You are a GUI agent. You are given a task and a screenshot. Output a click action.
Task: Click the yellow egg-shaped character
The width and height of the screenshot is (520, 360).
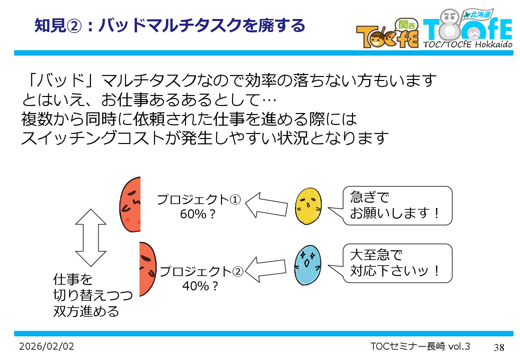click(308, 206)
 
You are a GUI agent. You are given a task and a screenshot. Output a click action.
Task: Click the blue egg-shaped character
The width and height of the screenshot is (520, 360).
click(308, 265)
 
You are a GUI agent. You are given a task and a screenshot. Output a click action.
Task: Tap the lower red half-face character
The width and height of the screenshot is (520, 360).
click(147, 269)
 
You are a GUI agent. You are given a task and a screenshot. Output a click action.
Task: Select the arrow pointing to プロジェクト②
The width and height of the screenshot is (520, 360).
click(265, 269)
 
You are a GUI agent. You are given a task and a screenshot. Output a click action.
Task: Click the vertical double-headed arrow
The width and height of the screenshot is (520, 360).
click(91, 237)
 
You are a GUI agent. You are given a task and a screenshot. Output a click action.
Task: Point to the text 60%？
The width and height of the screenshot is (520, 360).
click(198, 214)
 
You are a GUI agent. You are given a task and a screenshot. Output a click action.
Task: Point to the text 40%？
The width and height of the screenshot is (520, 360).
click(200, 286)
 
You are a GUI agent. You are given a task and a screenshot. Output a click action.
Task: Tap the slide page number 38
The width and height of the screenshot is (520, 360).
click(499, 347)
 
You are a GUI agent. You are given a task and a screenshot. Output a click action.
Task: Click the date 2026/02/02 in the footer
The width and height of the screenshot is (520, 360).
click(47, 346)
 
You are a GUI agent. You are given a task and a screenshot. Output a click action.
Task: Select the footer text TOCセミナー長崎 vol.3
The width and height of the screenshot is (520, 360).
click(420, 346)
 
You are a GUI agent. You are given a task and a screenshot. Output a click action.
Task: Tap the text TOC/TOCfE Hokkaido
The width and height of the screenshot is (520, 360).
click(468, 44)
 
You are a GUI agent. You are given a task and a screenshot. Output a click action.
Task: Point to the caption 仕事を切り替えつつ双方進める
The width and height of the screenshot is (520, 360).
click(93, 295)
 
